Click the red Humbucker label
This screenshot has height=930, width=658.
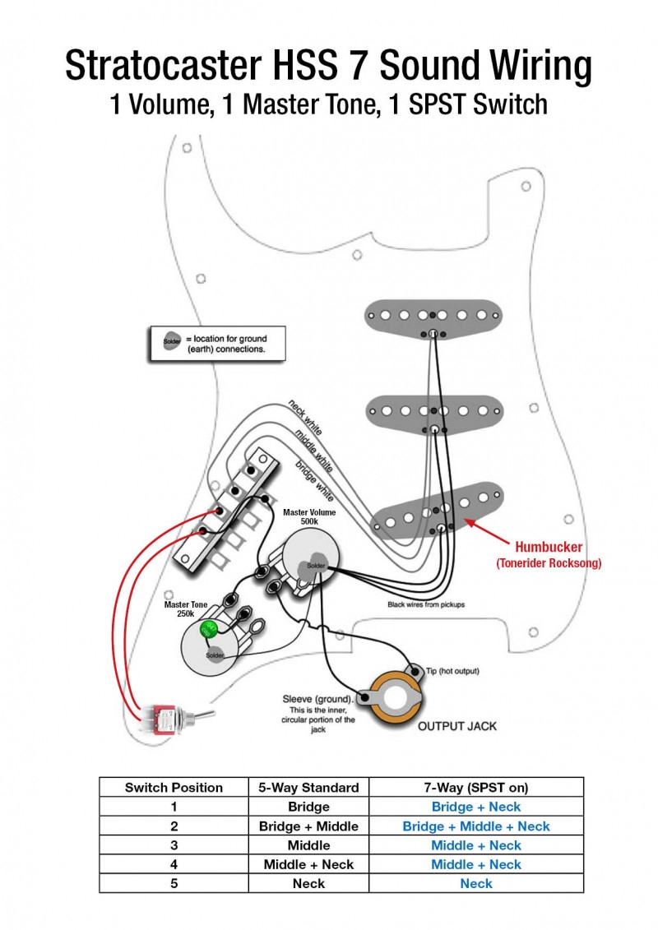click(549, 547)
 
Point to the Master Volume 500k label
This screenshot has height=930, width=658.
click(309, 517)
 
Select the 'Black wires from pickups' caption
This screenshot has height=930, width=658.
click(426, 604)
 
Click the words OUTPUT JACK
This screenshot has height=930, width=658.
click(457, 726)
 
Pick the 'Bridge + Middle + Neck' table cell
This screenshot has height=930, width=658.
click(476, 826)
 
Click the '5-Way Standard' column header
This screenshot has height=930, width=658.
click(308, 787)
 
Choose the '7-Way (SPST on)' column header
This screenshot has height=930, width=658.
click(476, 787)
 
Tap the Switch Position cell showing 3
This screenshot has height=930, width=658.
click(174, 845)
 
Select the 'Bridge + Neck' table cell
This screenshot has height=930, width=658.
click(476, 807)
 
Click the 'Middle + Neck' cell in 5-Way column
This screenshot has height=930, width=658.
click(308, 864)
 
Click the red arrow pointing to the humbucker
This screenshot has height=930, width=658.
click(485, 528)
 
